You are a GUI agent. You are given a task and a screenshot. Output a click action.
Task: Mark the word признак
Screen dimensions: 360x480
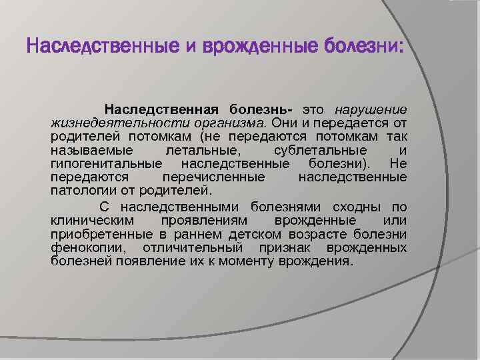click(289, 247)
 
